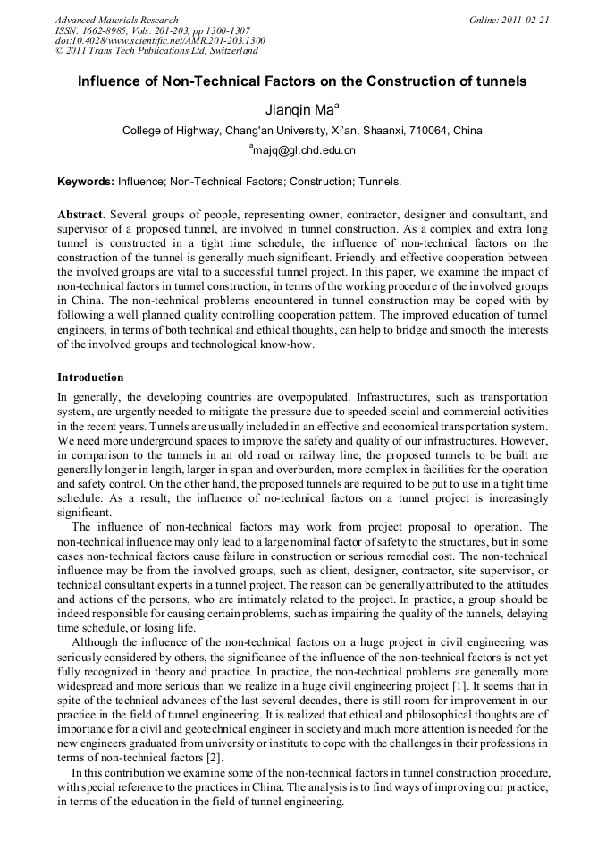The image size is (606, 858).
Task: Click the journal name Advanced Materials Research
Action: (x=116, y=20)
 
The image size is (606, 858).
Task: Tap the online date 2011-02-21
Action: (x=526, y=20)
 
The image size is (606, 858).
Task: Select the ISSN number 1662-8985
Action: (x=108, y=30)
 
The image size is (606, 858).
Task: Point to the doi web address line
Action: (x=160, y=40)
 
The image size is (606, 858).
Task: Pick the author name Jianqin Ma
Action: (x=299, y=109)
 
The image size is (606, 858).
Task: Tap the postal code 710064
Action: (x=428, y=131)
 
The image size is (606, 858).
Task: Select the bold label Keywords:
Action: (x=86, y=182)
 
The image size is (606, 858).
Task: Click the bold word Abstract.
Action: (x=81, y=216)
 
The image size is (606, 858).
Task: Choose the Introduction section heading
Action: (x=90, y=378)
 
